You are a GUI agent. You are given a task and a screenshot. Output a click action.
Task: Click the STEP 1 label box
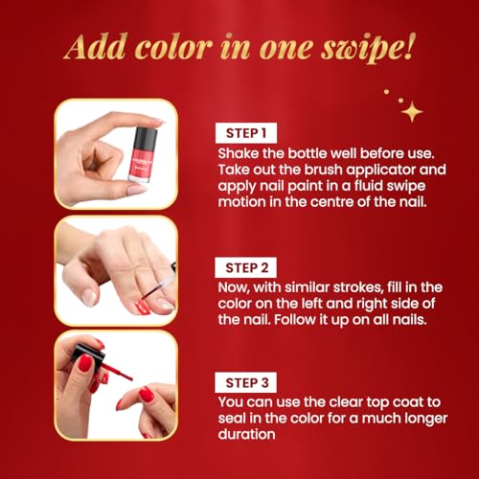tap(246, 133)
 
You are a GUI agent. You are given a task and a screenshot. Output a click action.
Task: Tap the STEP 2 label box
tap(246, 267)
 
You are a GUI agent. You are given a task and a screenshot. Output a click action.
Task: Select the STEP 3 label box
tap(246, 382)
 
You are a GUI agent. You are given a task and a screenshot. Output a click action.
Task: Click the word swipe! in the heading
tap(368, 48)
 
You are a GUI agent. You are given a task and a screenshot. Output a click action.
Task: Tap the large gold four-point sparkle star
tap(412, 111)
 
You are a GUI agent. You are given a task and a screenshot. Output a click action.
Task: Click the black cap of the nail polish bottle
tap(146, 138)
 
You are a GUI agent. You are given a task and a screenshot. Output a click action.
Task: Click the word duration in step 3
tap(246, 434)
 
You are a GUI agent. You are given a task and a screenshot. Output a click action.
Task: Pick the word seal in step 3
tap(232, 419)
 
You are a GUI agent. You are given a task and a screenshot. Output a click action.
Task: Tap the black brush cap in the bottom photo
tap(87, 353)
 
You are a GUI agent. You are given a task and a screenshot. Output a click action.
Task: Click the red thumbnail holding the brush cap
tap(85, 362)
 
